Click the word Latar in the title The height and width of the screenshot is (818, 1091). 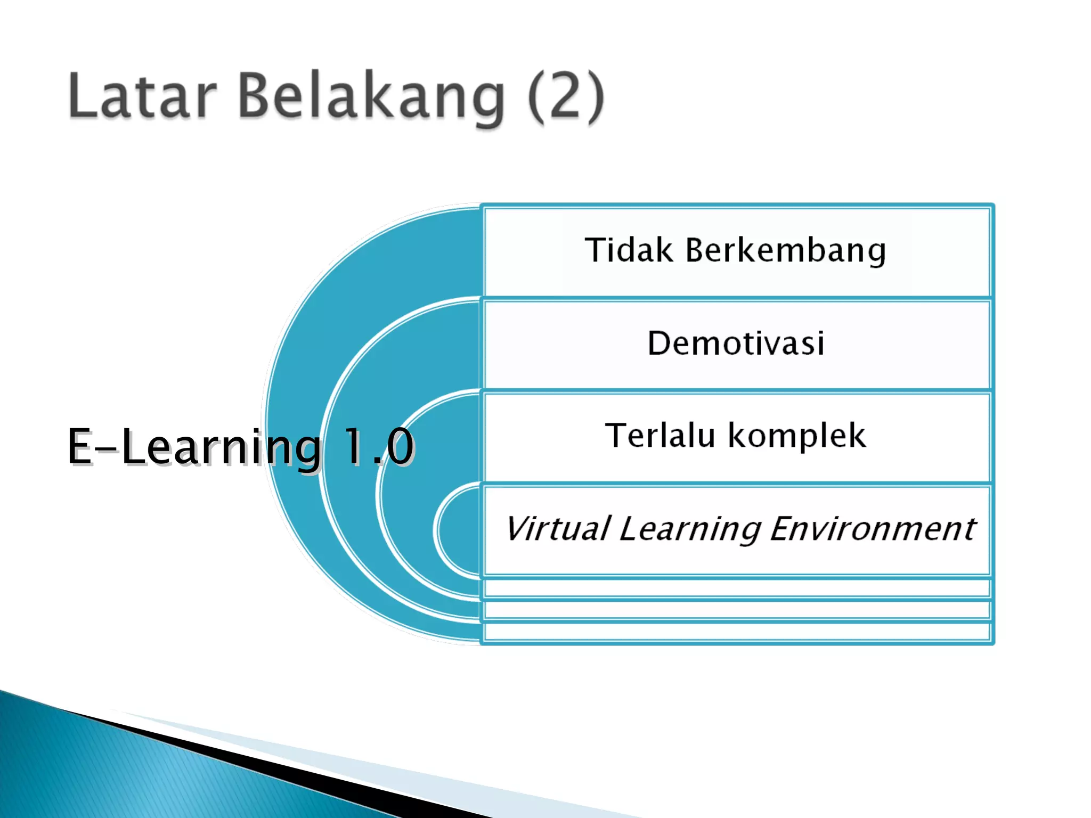[x=142, y=96]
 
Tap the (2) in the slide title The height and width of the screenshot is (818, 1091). [x=566, y=97]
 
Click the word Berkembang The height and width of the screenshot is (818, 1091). [x=786, y=250]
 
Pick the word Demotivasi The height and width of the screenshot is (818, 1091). [x=736, y=343]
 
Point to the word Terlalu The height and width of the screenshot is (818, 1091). [x=660, y=436]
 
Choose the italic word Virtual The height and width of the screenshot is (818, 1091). [x=557, y=529]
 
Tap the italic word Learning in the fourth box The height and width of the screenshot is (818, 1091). [x=690, y=530]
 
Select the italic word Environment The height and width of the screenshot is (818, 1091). [x=872, y=529]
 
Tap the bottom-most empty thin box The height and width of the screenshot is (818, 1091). [x=737, y=632]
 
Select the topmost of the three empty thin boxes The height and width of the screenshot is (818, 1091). [x=737, y=588]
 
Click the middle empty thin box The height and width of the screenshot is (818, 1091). [x=737, y=610]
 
